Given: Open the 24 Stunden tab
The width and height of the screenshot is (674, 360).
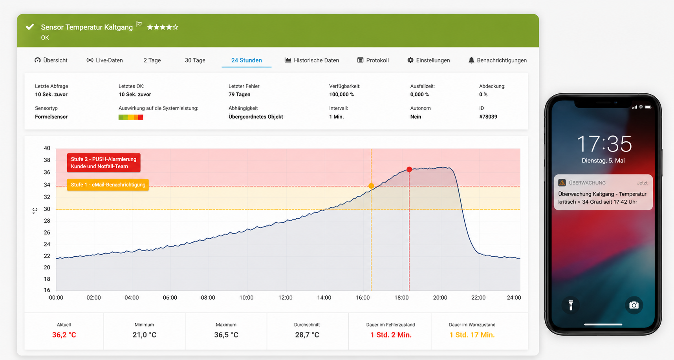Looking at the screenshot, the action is [x=246, y=60].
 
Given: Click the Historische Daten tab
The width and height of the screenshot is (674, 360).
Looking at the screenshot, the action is [x=311, y=60].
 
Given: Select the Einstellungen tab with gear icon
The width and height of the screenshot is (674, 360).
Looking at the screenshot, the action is [x=429, y=60].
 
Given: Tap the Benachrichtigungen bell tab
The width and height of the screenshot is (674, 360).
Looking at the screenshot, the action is [x=497, y=60].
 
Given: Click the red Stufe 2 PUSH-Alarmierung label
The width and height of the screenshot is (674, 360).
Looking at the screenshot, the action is [x=104, y=163].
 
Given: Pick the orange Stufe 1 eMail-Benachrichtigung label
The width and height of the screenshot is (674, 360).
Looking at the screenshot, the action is [x=108, y=185].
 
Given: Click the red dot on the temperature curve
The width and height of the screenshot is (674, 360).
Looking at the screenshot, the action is [x=409, y=169].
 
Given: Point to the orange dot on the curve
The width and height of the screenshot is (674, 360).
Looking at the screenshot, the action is [x=371, y=186].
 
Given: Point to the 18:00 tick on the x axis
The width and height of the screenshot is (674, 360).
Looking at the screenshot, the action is [x=401, y=298].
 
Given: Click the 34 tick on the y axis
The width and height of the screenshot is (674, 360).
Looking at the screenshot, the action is [x=47, y=185].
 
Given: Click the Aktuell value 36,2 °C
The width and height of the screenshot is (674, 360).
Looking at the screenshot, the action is [x=64, y=335].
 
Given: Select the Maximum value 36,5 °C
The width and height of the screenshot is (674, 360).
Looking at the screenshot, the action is [x=226, y=335].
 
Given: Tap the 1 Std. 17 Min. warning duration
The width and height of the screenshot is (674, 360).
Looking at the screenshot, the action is [x=472, y=335].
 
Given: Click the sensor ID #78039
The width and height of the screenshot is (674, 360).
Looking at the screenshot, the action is [x=488, y=117].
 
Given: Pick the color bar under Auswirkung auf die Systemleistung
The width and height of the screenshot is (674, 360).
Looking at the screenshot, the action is [x=131, y=117].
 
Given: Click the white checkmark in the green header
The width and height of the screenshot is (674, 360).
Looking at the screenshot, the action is [x=30, y=27].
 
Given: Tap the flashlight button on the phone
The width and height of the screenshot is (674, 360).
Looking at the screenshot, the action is [x=571, y=305].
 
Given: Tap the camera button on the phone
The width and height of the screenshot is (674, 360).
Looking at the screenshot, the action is [x=634, y=305].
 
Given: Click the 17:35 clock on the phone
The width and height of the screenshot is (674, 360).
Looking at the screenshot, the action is [x=604, y=144].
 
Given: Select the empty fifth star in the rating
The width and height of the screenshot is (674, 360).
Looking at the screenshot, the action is [x=176, y=27].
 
